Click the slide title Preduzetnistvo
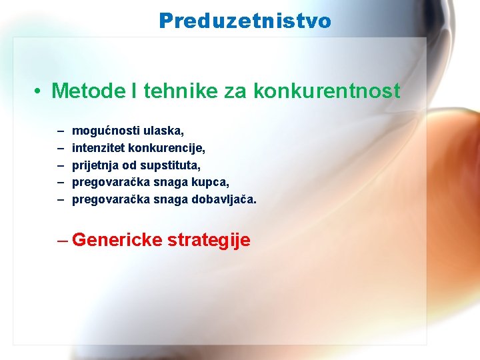(x=245, y=21)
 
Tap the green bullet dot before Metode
(x=40, y=92)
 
